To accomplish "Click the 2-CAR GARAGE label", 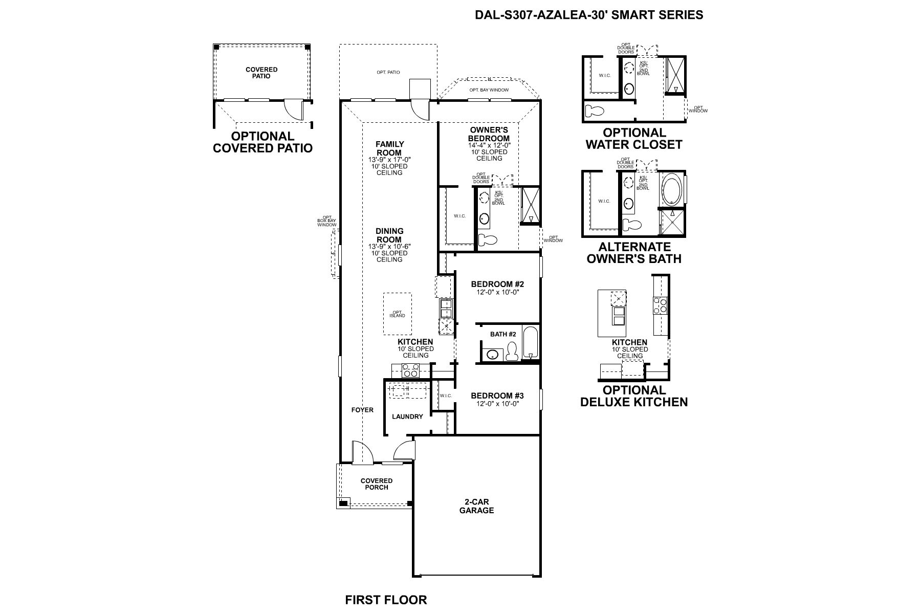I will coord(476,506).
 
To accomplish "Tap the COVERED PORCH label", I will coord(377,484).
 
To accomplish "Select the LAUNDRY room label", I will coord(407,416).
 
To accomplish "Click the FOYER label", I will coord(362,410).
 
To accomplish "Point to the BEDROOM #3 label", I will coord(497,396).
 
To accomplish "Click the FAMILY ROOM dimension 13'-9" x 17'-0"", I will coord(389,160).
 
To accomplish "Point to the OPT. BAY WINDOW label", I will coord(489,91).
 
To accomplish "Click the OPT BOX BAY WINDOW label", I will coord(326,221).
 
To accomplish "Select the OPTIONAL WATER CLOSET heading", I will coord(633,139).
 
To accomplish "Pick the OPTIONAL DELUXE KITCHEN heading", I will coord(633,396).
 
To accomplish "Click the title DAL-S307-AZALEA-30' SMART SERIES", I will coord(589,15).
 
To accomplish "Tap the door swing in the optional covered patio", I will coord(293,109).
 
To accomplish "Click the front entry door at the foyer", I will coord(361,453).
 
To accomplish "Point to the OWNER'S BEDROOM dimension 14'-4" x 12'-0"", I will coord(489,145).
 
